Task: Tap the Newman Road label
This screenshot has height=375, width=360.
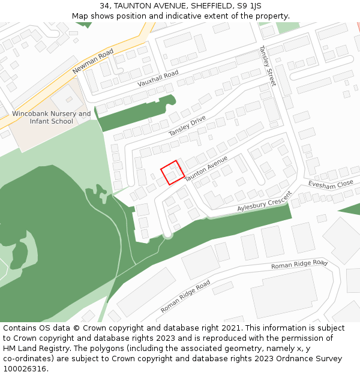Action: click(x=93, y=61)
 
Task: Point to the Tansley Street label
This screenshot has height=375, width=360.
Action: click(x=268, y=65)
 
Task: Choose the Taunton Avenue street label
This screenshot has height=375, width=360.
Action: click(x=206, y=169)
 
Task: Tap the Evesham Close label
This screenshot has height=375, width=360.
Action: click(x=331, y=184)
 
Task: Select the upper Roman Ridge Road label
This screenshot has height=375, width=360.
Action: click(x=299, y=264)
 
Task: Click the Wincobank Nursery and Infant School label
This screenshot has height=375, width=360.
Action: click(x=52, y=118)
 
